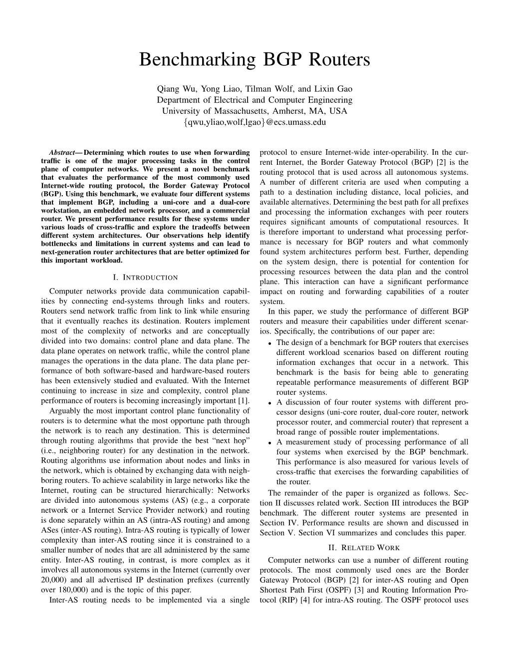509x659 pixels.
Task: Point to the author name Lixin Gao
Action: [335, 89]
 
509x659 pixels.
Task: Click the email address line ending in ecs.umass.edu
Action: [254, 122]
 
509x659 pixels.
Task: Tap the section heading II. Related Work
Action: [364, 548]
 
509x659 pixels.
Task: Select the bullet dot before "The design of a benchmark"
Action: [269, 343]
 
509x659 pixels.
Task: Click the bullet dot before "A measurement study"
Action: [269, 443]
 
